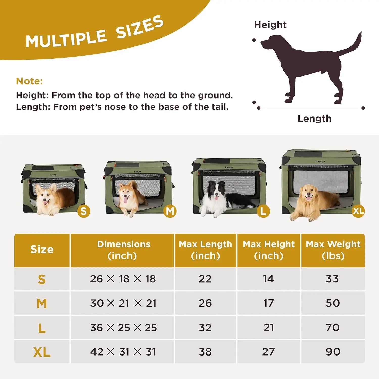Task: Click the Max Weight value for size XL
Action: pyautogui.click(x=333, y=352)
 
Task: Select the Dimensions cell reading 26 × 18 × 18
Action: pyautogui.click(x=123, y=279)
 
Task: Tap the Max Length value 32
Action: pyautogui.click(x=205, y=328)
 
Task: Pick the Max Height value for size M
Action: pyautogui.click(x=269, y=303)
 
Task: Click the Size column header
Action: pyautogui.click(x=42, y=249)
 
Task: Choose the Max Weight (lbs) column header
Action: pyautogui.click(x=333, y=250)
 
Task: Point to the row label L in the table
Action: pyautogui.click(x=42, y=328)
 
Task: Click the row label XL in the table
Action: pyautogui.click(x=42, y=352)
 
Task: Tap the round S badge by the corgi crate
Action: pyautogui.click(x=84, y=211)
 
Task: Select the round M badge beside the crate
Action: pyautogui.click(x=170, y=211)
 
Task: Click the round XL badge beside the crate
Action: pyautogui.click(x=358, y=210)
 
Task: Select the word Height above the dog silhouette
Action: pyautogui.click(x=270, y=25)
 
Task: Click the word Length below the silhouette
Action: pyautogui.click(x=314, y=119)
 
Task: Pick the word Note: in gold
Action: pyautogui.click(x=29, y=81)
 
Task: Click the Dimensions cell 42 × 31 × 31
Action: pyautogui.click(x=123, y=352)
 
